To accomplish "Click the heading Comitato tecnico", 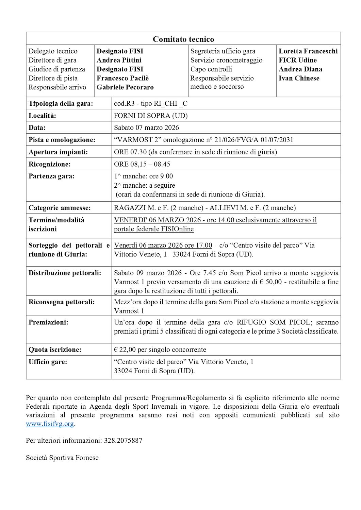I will point(183,39).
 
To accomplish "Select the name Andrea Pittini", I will point(119,60).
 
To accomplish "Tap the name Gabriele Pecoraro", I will point(125,87).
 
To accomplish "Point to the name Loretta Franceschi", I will point(308,51).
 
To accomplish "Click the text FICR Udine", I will point(297,60).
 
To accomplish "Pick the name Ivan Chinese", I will point(299,78).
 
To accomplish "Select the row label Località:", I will point(42,116).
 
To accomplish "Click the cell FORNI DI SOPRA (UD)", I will point(151,116).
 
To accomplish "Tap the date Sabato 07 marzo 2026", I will point(146,128).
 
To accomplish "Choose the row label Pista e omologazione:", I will point(62,140).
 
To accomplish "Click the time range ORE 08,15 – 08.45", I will point(142,164).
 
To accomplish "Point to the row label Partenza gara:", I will point(51,176).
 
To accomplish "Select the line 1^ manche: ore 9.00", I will point(143,176).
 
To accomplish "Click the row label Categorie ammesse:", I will point(60,208).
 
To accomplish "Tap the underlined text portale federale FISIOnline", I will point(153,229).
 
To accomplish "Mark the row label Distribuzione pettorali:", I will point(65,273).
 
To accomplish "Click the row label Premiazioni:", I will point(48,322).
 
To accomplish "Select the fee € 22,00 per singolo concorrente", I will point(160,350).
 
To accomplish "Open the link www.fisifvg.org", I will point(50,424).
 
